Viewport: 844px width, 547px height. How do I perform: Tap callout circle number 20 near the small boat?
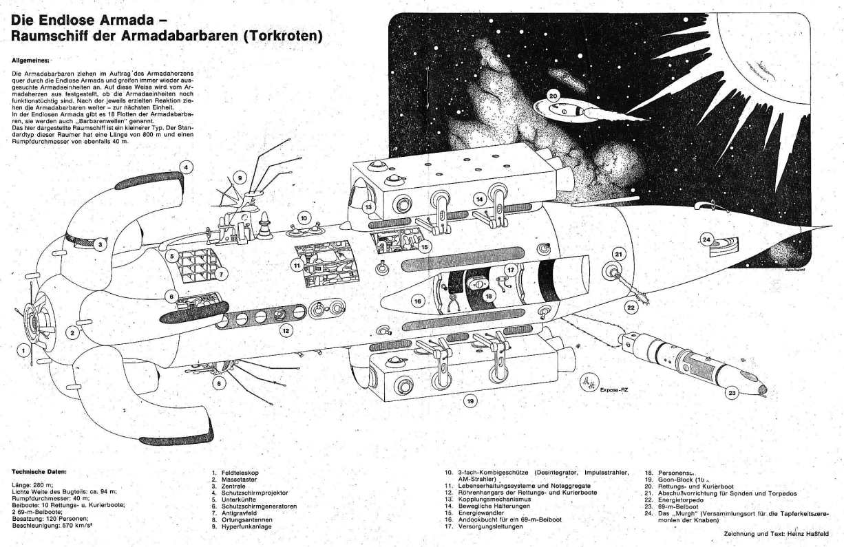click(553, 96)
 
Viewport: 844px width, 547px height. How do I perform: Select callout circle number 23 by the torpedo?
click(731, 393)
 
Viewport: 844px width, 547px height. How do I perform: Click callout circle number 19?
click(470, 400)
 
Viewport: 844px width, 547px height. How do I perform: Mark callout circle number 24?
click(706, 239)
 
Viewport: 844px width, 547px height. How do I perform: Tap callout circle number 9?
click(240, 178)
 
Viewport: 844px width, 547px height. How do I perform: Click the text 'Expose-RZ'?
click(614, 389)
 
